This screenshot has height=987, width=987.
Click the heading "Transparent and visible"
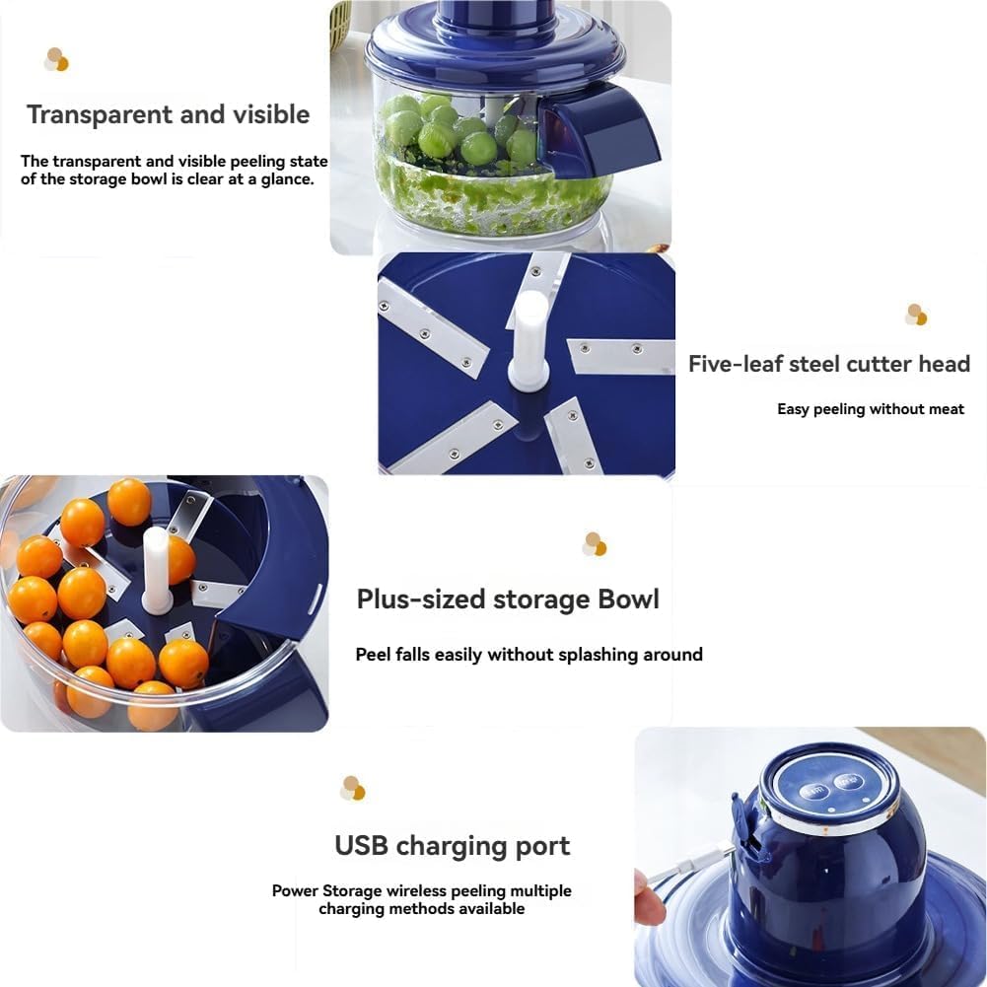[x=169, y=114]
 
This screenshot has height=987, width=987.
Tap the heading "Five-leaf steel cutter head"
[x=829, y=364]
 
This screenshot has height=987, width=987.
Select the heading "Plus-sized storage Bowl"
[x=508, y=599]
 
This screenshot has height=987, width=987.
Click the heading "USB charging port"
[x=453, y=846]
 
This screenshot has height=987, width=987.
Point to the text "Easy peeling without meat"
[x=871, y=409]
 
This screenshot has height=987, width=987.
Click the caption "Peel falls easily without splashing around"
[x=529, y=655]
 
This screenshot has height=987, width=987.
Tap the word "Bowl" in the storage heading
[x=628, y=599]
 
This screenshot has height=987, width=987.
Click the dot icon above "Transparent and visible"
[x=56, y=60]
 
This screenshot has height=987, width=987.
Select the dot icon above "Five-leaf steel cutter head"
[x=916, y=315]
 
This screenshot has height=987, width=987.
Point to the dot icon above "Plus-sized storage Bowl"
[x=594, y=544]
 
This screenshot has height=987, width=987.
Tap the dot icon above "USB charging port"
[x=352, y=788]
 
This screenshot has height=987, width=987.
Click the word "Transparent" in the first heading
[x=94, y=114]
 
